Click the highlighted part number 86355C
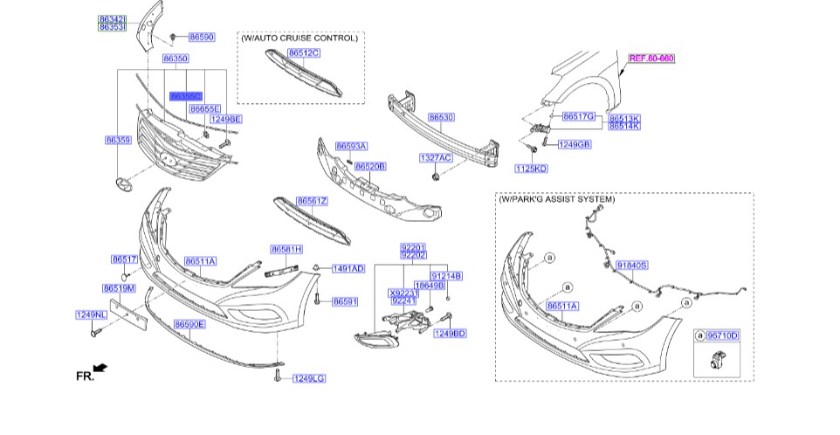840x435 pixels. point(186,96)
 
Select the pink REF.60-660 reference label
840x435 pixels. point(651,58)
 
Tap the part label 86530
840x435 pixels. point(441,116)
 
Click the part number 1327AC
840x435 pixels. point(435,158)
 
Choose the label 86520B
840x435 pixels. point(369,165)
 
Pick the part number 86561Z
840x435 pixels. point(312,201)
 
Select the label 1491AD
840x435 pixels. point(347,269)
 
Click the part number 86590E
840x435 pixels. point(189,324)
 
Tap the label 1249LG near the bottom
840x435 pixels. point(308,378)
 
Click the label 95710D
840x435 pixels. point(722,335)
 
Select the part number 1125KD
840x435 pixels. point(531,168)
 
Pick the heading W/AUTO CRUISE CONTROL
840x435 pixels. point(299,38)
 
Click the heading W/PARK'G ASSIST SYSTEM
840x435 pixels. point(557,200)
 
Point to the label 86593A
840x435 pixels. point(351,146)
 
